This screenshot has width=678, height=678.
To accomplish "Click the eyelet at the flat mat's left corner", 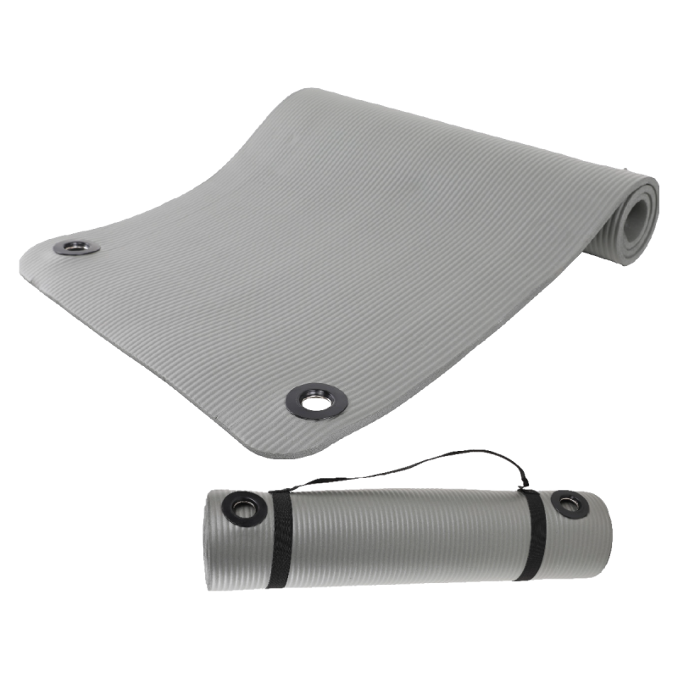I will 76,247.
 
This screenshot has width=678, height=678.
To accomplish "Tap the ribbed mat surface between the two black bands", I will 407,534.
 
